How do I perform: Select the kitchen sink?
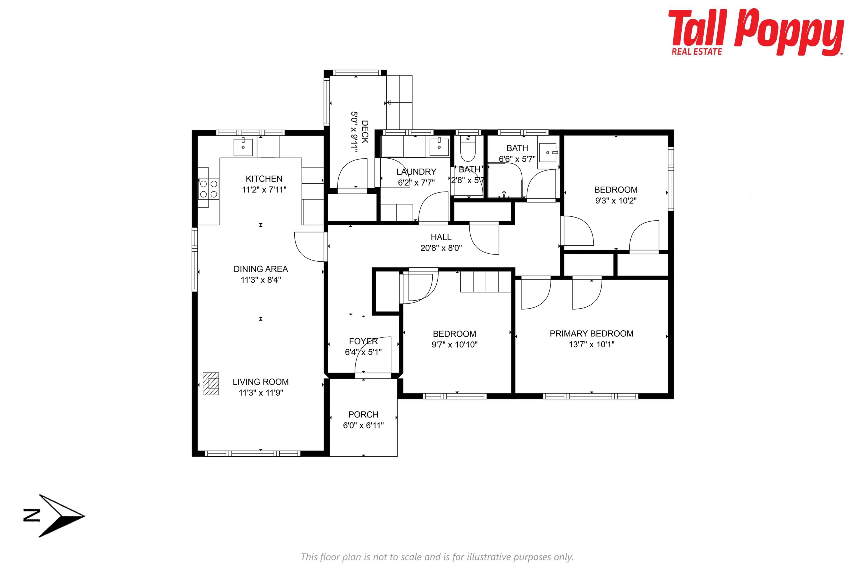[243, 147]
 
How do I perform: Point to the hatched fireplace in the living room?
[211, 384]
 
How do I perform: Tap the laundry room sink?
[439, 147]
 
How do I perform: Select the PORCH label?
[363, 414]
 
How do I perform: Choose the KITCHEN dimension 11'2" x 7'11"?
[264, 190]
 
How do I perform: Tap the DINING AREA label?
[261, 269]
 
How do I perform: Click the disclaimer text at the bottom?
[437, 557]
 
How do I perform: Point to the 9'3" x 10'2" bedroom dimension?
[616, 201]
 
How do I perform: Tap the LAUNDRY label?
[416, 172]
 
